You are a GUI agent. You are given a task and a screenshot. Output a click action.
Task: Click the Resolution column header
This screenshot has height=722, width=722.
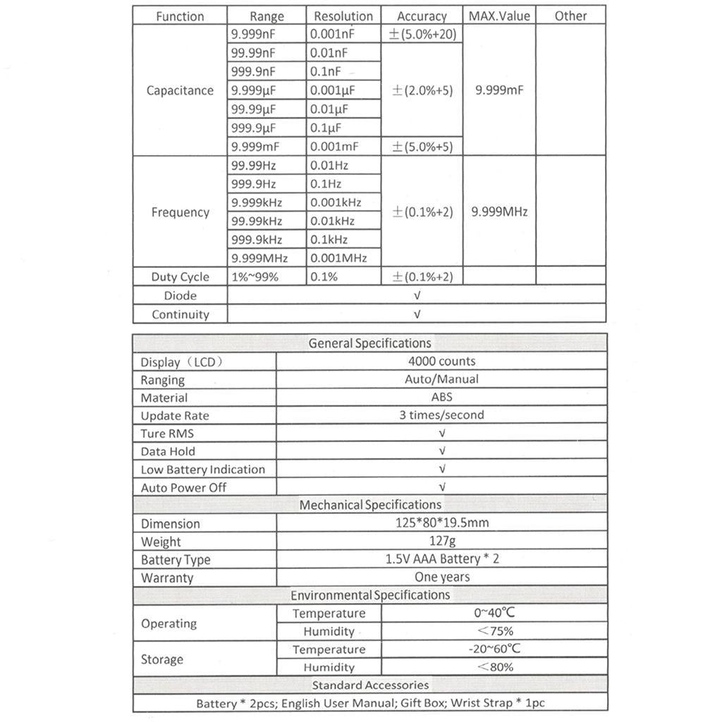click(343, 16)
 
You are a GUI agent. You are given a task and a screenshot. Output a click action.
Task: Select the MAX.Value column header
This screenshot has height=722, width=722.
click(499, 16)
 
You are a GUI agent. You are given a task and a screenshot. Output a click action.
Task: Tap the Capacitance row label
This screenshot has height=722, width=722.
click(180, 90)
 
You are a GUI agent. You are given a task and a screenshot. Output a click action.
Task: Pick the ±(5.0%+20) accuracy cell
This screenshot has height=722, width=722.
click(422, 34)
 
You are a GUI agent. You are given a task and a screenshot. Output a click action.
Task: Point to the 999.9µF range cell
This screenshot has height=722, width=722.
click(254, 128)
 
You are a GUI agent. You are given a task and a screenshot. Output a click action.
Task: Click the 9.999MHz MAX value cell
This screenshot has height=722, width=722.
click(499, 212)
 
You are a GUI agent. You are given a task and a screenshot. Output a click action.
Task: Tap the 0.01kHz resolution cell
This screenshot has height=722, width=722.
click(336, 221)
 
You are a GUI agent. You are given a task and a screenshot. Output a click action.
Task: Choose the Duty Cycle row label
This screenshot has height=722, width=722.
click(180, 277)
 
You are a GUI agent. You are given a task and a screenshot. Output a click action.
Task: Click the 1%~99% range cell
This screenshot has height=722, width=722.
click(255, 277)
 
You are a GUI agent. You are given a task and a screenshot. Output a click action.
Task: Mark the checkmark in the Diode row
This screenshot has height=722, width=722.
click(417, 295)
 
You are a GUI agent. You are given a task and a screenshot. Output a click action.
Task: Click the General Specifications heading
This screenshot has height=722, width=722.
click(369, 343)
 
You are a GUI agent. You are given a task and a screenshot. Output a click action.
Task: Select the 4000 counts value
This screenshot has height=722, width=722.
click(441, 361)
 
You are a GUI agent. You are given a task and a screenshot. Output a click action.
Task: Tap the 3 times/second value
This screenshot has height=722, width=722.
click(441, 415)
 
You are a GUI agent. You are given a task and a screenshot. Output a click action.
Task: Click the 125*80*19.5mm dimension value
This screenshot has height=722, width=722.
click(441, 523)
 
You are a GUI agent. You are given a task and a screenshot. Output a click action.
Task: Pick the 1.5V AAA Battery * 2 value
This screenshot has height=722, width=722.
click(441, 559)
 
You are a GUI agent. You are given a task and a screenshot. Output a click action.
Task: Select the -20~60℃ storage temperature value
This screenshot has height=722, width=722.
click(494, 649)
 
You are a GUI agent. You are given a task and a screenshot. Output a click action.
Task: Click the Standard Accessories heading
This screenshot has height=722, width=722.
click(370, 685)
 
